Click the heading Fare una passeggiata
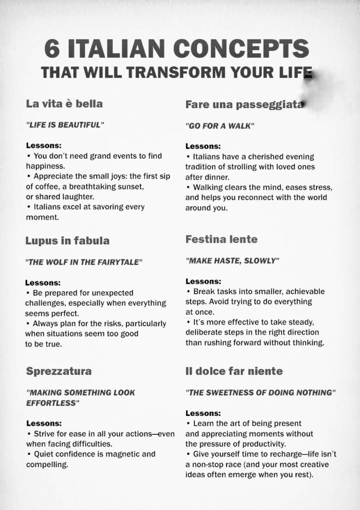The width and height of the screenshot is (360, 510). point(245,104)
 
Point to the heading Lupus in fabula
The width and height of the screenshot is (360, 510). point(67,240)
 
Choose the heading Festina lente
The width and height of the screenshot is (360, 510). point(221,239)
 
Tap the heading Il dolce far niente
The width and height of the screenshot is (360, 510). point(234,371)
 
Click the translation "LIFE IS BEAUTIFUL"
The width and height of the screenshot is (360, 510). point(65,125)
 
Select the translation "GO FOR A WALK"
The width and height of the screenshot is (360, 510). point(220,125)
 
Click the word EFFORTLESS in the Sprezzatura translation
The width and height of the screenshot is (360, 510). point(52,402)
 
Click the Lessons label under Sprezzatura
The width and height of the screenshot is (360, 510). point(44,423)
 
